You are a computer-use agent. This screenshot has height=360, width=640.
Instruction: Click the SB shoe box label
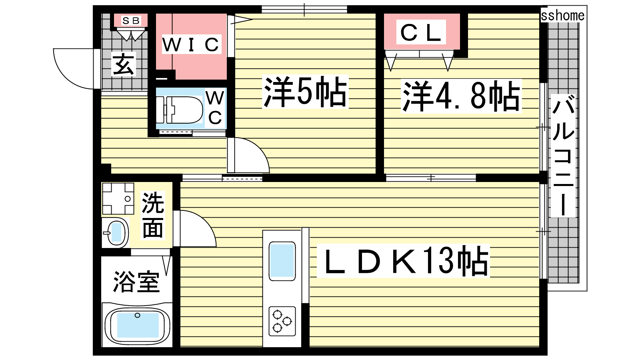coord(131,20)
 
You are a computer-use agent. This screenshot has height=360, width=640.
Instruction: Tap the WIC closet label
coord(191,44)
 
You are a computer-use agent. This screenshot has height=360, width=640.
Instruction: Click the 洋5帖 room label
coord(305,92)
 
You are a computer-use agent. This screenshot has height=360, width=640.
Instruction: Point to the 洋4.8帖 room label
coord(461,96)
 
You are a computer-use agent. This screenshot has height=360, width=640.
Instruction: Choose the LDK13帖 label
coord(403,261)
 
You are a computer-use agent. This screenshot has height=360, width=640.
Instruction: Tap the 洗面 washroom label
coord(153,215)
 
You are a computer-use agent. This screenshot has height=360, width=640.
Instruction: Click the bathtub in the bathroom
coord(138,325)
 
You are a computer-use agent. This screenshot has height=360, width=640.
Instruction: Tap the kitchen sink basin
coord(282,261)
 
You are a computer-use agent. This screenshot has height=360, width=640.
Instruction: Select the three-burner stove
coord(282,321)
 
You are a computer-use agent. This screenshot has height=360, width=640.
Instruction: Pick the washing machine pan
coord(118,198)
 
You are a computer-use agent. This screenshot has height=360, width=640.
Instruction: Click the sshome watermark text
coord(562,16)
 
